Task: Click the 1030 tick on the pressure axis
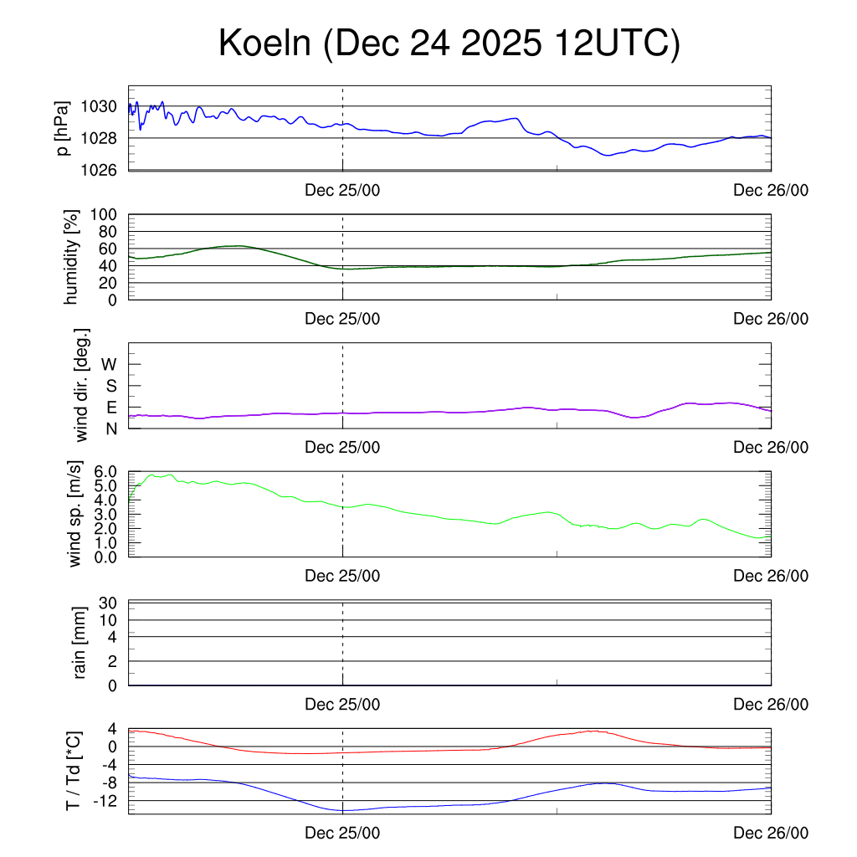tap(100, 106)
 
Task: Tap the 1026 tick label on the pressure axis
tap(100, 170)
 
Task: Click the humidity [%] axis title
tap(72, 257)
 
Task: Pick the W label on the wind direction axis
tap(109, 364)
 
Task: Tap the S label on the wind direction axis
tap(109, 386)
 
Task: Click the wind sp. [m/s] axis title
tap(76, 514)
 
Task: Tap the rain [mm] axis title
tap(81, 643)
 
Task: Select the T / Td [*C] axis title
tap(73, 772)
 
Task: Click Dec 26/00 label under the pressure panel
tap(771, 191)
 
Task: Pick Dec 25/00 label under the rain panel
tap(342, 705)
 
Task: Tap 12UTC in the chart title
tap(615, 44)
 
